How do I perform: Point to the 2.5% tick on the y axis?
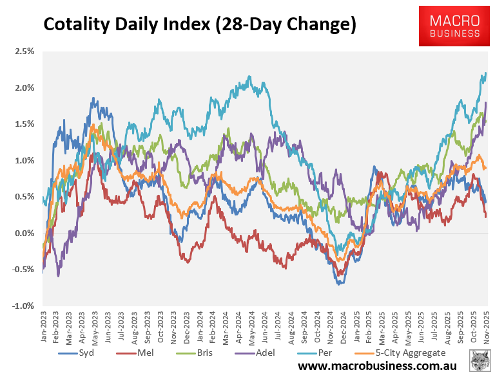(25, 51)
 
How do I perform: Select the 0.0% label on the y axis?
(25, 233)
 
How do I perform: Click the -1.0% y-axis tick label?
(24, 306)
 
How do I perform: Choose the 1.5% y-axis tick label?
(25, 124)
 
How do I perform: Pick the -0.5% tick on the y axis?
(24, 270)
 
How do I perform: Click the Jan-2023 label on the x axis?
(43, 325)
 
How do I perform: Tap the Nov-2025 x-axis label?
(487, 325)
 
